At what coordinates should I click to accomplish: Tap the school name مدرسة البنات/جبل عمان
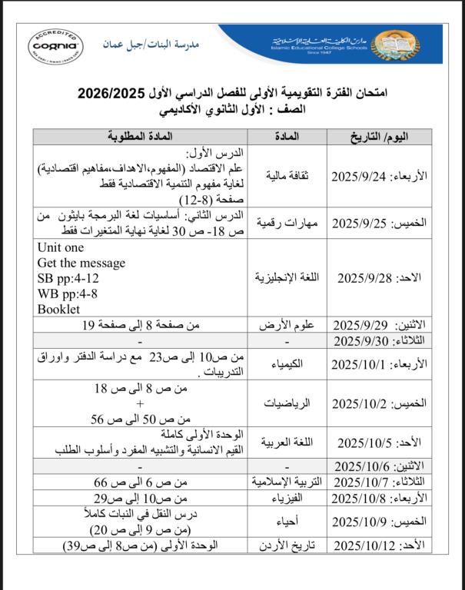click(x=142, y=45)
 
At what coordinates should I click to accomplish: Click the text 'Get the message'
click(x=81, y=264)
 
